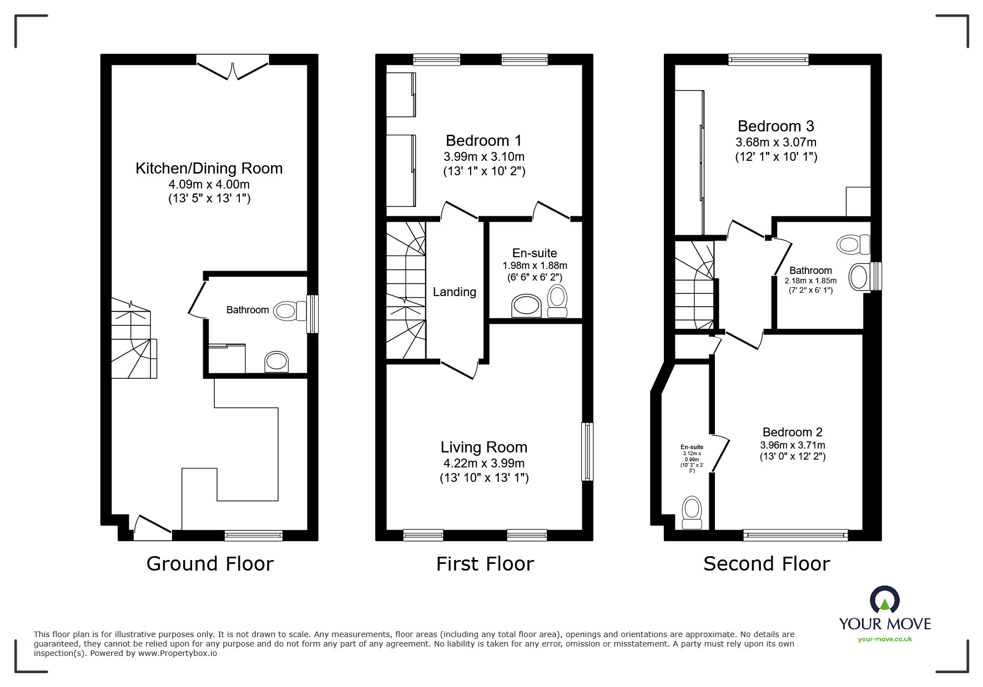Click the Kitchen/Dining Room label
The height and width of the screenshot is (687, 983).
(209, 169)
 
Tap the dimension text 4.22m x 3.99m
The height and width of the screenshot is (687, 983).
(483, 463)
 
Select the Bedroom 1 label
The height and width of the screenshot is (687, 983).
(483, 141)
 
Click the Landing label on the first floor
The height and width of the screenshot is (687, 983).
(454, 292)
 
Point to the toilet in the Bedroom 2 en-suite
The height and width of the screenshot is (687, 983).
(692, 511)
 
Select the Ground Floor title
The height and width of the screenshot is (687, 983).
(210, 564)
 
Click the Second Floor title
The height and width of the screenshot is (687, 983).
(766, 564)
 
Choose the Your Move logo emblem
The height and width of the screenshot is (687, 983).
(884, 600)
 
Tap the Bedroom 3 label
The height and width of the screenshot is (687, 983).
(775, 126)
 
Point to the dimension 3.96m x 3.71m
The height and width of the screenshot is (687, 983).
(792, 445)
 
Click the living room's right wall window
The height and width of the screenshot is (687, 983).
(587, 451)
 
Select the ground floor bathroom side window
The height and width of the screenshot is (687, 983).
(312, 314)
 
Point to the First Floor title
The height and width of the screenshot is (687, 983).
(485, 564)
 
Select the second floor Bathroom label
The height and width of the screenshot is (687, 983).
(810, 271)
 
